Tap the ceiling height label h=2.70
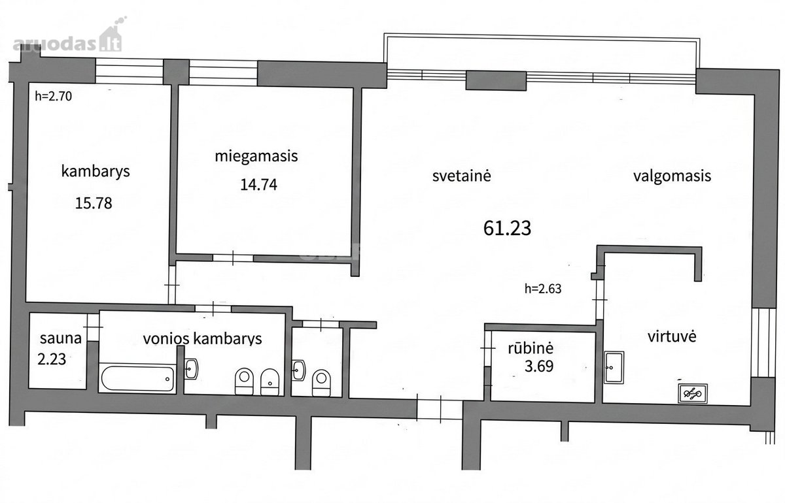coord(53,96)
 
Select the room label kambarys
coord(96,172)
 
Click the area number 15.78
coord(94,203)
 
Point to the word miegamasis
coord(256,156)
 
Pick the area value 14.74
coord(258,184)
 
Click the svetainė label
coord(461,176)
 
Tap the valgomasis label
coord(672,176)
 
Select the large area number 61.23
coord(507,228)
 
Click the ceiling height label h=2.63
coord(543,289)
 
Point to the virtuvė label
coord(672,336)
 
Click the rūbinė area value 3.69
coord(539,366)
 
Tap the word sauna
coord(61,338)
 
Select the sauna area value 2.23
coord(52,359)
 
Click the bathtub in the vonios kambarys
coord(138,378)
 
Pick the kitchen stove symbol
coord(693,393)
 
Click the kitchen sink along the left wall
coord(614,368)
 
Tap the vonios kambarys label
coord(203,339)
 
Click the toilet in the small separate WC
coord(321,383)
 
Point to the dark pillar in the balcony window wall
coord(496,81)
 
